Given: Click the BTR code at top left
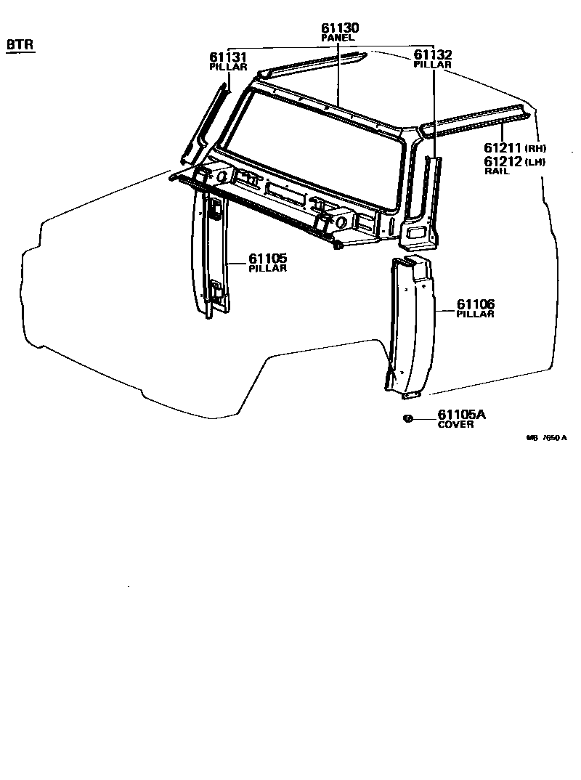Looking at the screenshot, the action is click(x=20, y=45).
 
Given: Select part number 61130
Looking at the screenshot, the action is click(x=340, y=28).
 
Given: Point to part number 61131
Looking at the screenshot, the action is click(x=229, y=57).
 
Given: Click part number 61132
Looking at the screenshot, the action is click(x=433, y=55).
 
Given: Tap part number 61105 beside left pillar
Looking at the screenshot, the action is click(x=268, y=259).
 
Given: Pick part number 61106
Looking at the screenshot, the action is click(x=476, y=304).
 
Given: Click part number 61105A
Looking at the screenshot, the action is click(x=461, y=415).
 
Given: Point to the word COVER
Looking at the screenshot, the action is click(x=455, y=425).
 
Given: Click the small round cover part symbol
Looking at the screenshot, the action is click(x=408, y=418).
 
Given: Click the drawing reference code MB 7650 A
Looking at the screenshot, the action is click(x=546, y=438).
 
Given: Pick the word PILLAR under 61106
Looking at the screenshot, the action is click(x=475, y=314).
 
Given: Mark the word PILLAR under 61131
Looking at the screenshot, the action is click(x=228, y=67).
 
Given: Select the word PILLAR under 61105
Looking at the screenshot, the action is click(x=267, y=269).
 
